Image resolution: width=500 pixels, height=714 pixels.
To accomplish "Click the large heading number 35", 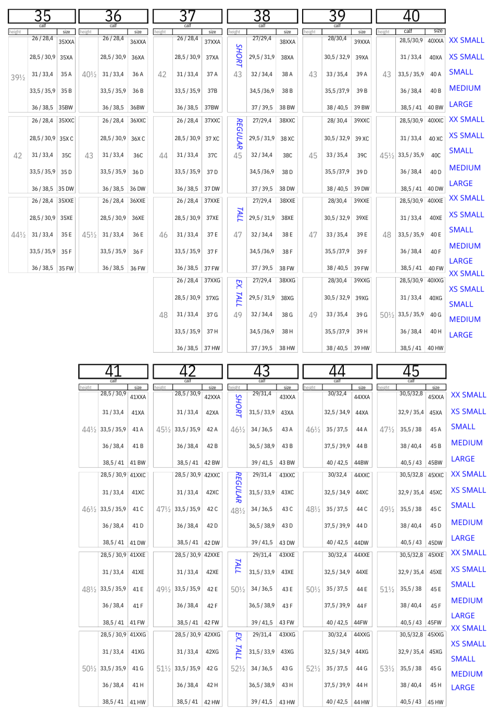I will click(x=42, y=16).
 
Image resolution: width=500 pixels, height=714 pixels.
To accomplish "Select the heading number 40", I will click(x=411, y=16).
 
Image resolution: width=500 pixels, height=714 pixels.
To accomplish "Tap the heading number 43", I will click(x=262, y=371).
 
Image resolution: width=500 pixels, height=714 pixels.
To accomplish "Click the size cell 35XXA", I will click(x=66, y=42).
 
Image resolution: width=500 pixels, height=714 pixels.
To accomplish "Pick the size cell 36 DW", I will click(x=137, y=189).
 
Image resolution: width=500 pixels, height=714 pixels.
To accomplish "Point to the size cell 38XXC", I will click(x=287, y=120).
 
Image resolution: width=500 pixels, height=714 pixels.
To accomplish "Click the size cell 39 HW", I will click(x=361, y=348).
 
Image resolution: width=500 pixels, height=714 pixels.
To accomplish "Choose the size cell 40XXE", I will click(x=435, y=201).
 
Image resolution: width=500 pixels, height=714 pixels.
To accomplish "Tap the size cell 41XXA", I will click(x=138, y=397).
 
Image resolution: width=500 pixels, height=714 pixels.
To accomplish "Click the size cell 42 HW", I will click(x=212, y=702).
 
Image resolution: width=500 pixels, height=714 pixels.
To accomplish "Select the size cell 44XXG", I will click(x=362, y=634).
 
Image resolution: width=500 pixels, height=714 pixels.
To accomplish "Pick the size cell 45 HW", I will click(x=435, y=702).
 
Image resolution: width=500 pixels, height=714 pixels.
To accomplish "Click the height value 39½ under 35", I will click(x=18, y=77).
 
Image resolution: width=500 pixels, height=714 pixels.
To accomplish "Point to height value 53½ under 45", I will click(x=387, y=669).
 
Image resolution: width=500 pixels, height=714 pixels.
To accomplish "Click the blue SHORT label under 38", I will click(x=239, y=55).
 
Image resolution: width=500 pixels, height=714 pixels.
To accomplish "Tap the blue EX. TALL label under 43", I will click(x=238, y=646).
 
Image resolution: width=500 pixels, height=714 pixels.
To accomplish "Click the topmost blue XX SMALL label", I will click(x=467, y=40).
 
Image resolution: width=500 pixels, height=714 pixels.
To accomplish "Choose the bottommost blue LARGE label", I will click(x=463, y=687).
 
